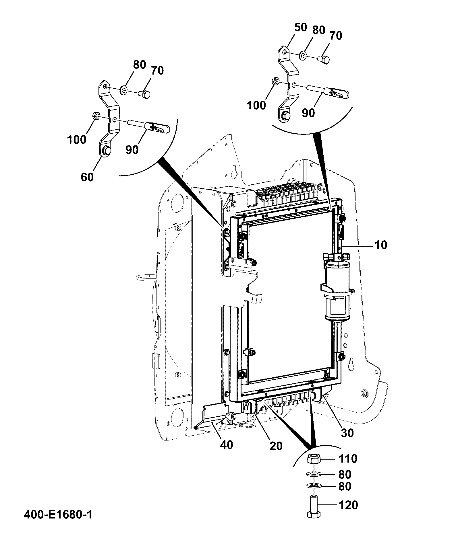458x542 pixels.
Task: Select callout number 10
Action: (381, 245)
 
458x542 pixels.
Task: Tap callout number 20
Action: (276, 446)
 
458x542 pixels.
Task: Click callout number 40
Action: (226, 445)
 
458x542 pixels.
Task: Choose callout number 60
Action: (87, 177)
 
